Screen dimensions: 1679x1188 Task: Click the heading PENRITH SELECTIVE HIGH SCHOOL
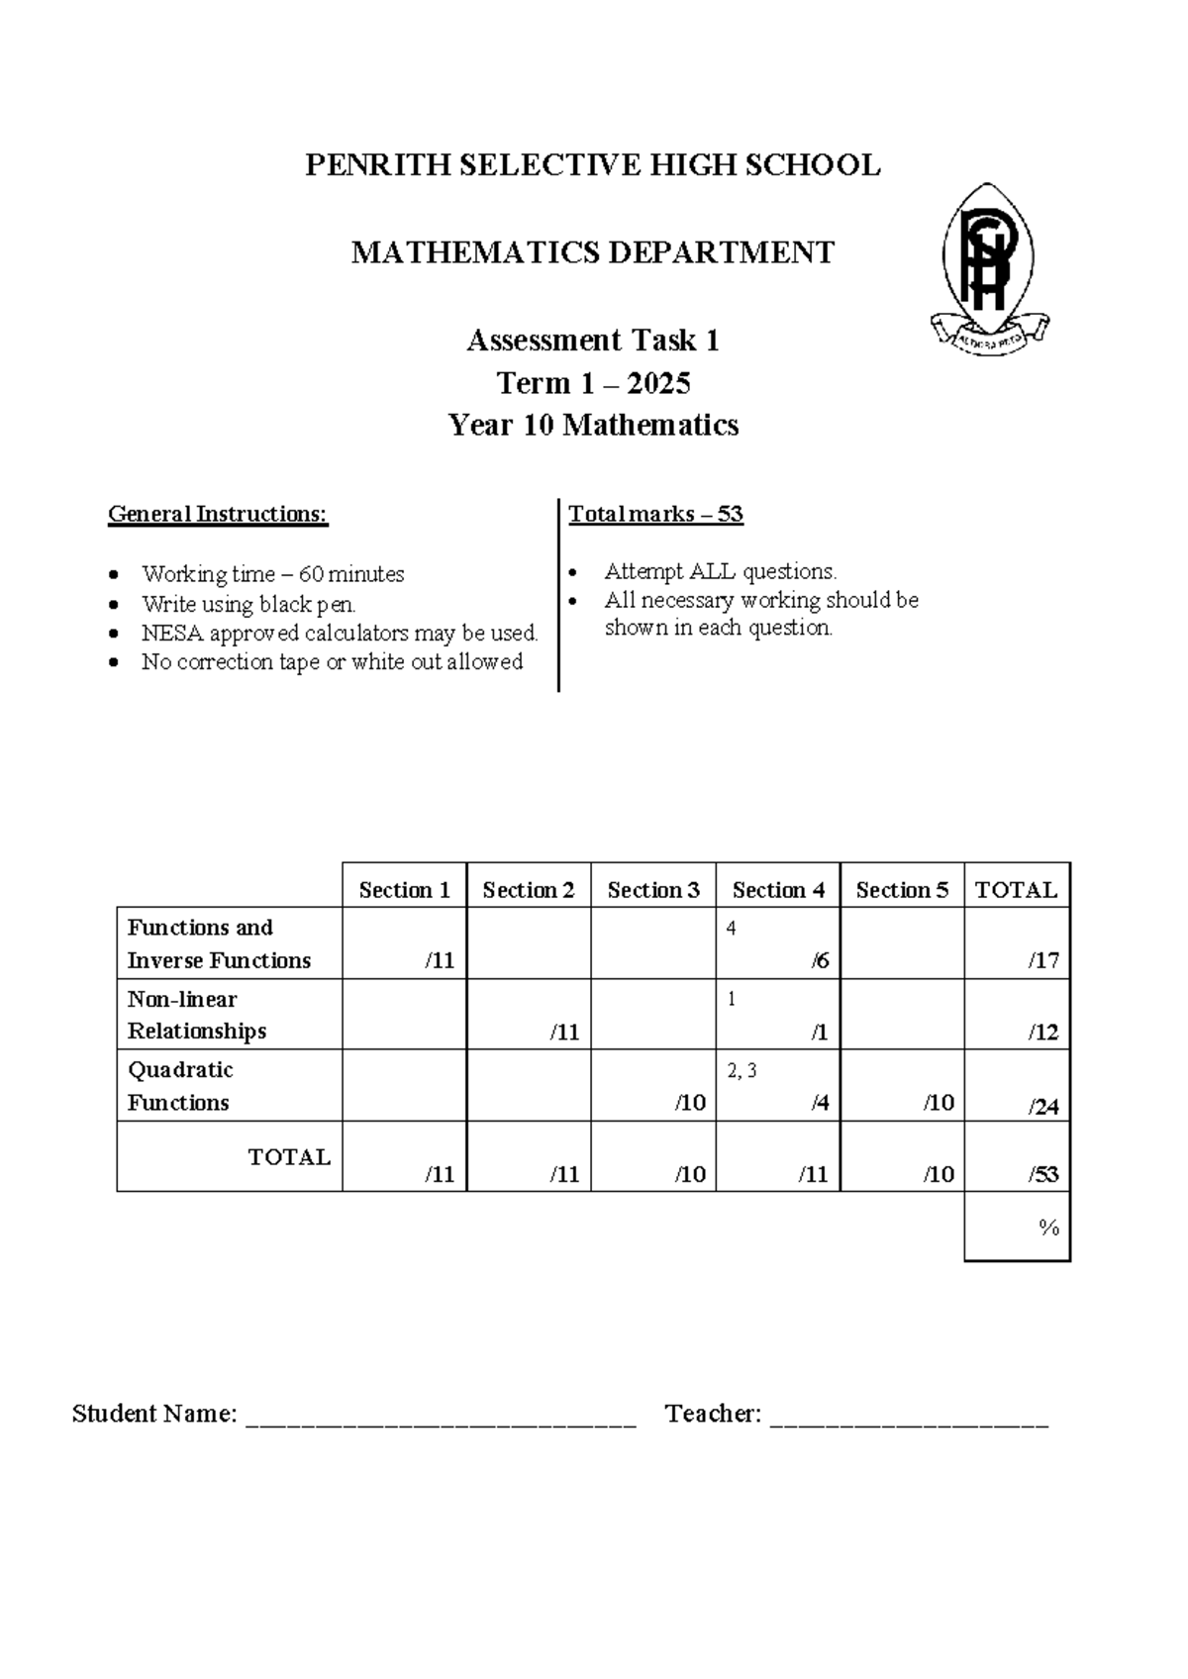(x=592, y=165)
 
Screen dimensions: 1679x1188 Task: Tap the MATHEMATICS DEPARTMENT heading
(x=592, y=253)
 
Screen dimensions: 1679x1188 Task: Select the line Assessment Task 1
(x=592, y=341)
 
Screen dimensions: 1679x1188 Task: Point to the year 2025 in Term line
(x=658, y=383)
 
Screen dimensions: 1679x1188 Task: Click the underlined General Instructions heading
(x=218, y=515)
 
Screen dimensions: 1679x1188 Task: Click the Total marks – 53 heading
(x=655, y=515)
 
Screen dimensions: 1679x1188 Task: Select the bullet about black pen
(x=247, y=604)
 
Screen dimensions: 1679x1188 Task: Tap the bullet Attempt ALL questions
(x=720, y=571)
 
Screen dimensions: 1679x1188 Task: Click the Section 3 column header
(x=653, y=890)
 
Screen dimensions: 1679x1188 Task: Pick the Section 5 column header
(x=902, y=890)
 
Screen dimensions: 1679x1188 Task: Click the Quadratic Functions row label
(x=179, y=1086)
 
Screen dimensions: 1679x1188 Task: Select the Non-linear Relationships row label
(x=196, y=1015)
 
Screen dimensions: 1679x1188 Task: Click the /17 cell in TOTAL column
(x=1042, y=960)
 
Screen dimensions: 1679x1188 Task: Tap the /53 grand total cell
(x=1042, y=1175)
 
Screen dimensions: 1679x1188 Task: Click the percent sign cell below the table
(x=1048, y=1229)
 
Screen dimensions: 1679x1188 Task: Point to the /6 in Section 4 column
(x=819, y=960)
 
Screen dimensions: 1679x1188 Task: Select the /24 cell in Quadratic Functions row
(x=1042, y=1107)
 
